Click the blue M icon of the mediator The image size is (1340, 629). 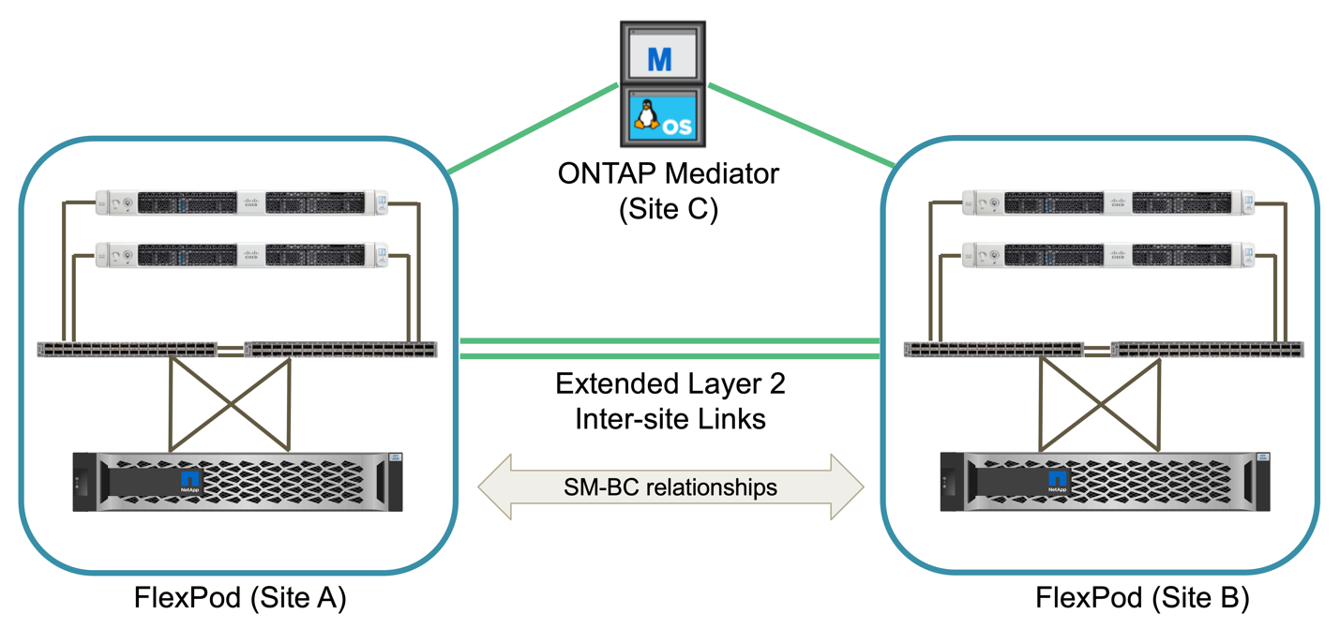pos(660,58)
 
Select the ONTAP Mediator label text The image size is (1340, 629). pos(669,173)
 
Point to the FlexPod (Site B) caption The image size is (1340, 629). pos(1141,597)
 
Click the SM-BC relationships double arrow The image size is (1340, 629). pos(670,487)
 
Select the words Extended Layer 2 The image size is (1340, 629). pos(670,384)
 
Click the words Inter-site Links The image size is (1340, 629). pos(670,418)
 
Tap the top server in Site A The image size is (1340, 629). pos(242,202)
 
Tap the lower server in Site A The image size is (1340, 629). pos(242,254)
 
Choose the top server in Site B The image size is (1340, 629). pos(1108,202)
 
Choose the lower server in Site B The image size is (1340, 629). pos(1108,254)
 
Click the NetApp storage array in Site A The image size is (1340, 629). pos(237,482)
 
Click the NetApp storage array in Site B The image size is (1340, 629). pos(1104,482)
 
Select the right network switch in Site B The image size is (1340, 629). pos(1206,350)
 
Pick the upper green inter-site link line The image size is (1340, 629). pos(670,341)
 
